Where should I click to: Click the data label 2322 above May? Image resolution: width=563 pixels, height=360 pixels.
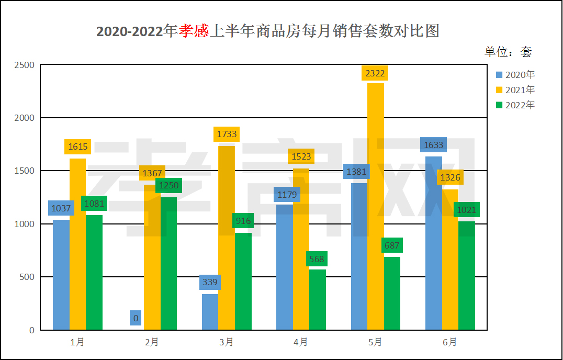375,73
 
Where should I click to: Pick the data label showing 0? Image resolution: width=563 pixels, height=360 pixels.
136,318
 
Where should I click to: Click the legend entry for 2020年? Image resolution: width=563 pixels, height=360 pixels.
515,75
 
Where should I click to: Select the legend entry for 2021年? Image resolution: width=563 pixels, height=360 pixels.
515,90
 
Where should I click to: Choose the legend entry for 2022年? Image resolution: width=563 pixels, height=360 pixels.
515,105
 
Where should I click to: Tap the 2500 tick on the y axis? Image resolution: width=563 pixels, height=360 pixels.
25,65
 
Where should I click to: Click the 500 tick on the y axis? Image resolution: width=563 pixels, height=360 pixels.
27,277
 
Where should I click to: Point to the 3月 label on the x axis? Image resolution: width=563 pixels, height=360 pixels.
226,342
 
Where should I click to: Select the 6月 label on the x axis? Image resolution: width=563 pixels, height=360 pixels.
449,342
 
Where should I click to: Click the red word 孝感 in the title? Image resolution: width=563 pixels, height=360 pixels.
194,31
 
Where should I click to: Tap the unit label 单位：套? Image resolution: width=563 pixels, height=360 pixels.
508,51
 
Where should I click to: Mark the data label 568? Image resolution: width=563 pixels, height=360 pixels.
317,259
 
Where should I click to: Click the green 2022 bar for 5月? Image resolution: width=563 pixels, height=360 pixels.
392,293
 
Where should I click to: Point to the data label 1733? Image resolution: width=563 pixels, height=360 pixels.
226,134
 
